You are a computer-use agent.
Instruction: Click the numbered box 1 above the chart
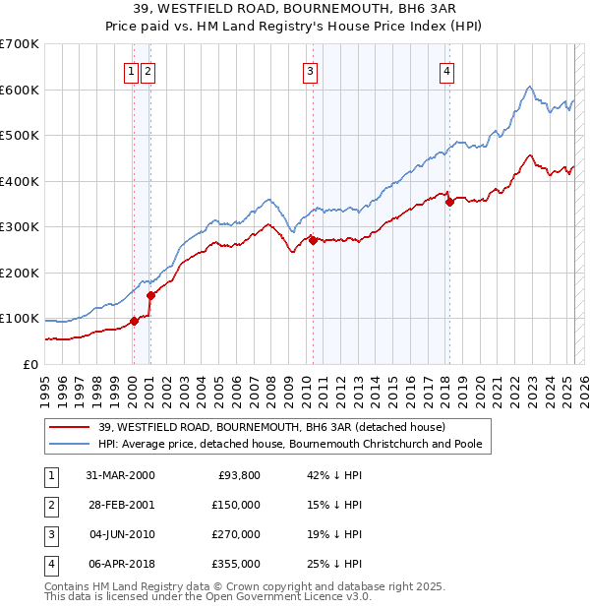point(131,71)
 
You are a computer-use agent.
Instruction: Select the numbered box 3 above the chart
point(310,71)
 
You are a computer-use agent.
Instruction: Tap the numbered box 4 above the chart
point(446,71)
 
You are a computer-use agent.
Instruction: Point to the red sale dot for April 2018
point(449,202)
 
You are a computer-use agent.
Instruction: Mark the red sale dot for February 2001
point(150,295)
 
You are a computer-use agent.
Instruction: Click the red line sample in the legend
point(70,427)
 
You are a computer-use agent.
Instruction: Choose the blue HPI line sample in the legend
point(70,444)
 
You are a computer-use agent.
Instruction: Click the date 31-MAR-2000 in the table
point(119,475)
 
